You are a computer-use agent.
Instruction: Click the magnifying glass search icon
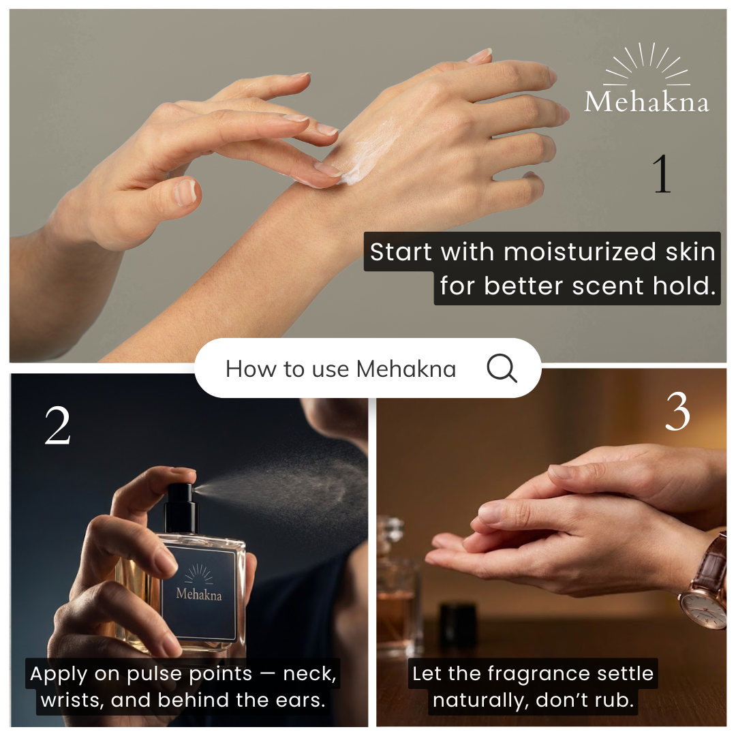coord(502,368)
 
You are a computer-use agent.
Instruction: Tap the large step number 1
coord(662,174)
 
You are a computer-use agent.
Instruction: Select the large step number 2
coord(57,425)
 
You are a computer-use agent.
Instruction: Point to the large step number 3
coord(677,412)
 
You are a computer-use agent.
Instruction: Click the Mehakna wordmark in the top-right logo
coord(646,102)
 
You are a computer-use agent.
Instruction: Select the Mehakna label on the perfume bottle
coord(198,593)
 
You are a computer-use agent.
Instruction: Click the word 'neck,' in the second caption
coord(310,674)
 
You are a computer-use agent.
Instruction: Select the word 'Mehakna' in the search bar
coord(406,369)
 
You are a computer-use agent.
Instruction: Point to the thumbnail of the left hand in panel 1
coord(185,193)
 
